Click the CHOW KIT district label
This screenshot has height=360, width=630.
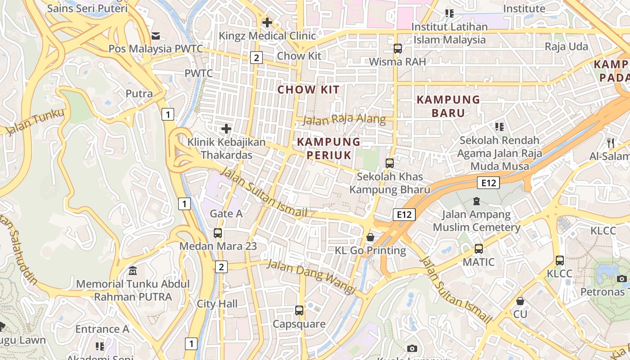pos(308,90)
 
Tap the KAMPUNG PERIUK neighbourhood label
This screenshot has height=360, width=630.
pos(328,148)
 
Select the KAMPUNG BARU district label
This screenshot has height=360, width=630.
pos(448,106)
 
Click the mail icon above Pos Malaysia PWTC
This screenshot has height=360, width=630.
pos(156,36)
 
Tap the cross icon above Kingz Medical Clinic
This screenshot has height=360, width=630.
pos(267,22)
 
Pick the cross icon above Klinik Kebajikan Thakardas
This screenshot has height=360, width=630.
pos(226,129)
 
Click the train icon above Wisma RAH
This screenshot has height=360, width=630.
pos(397,48)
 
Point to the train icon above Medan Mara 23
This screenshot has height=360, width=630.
pos(218,233)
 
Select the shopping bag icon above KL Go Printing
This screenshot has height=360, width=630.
pos(370,237)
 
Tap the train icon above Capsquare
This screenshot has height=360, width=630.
pos(299,310)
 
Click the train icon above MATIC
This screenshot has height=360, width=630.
pos(478,248)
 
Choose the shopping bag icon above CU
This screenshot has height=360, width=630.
pos(520,301)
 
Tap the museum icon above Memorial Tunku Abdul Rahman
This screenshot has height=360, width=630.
pos(133,271)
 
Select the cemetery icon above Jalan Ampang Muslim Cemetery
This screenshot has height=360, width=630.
pos(477,201)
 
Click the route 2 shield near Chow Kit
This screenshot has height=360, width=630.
pos(256,58)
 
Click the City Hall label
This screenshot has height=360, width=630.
pos(217,304)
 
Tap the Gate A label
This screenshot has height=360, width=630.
pos(226,214)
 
